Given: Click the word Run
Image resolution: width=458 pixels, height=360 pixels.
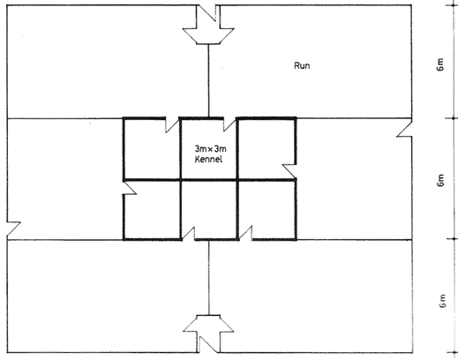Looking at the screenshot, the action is coord(302,65).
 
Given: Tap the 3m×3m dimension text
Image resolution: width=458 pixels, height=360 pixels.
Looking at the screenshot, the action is coord(211,149).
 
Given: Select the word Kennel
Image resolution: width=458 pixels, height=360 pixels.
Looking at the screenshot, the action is coord(208,159).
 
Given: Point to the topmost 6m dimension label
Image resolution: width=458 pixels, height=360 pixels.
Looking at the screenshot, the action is coord(440,64).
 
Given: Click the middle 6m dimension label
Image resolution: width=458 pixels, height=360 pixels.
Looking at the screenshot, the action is coord(440,180).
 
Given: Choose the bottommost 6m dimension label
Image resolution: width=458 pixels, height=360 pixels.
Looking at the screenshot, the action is coord(442,301).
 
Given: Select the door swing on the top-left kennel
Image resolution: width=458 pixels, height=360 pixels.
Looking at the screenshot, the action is coord(172,125).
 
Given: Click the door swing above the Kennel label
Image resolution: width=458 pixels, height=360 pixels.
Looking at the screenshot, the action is coord(229,124).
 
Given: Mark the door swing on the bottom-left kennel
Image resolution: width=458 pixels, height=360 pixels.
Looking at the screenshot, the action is coord(130,188).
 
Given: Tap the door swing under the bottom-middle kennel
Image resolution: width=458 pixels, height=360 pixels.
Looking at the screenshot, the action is coord(188,234).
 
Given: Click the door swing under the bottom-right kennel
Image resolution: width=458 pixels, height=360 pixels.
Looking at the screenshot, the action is coord(245,233).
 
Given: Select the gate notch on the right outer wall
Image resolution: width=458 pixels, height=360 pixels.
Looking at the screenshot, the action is coord(405,129).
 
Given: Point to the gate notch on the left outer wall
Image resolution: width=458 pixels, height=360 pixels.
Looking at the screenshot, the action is coord(13,229).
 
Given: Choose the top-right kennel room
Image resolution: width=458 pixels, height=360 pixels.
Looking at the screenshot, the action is coord(267,148).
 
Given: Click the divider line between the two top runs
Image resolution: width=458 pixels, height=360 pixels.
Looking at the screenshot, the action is coord(208,81).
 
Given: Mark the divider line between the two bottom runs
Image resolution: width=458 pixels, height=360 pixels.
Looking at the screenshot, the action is coord(209,278).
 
